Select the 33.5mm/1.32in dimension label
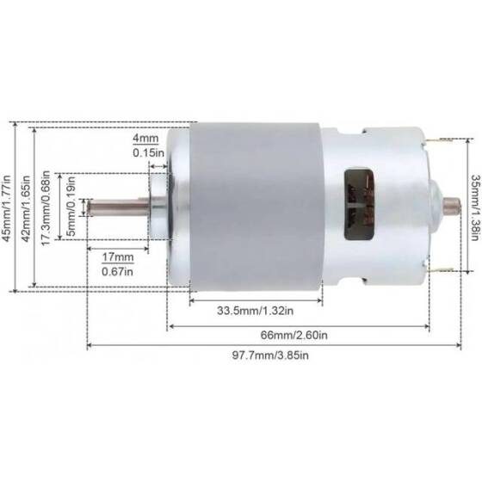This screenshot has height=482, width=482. [x=255, y=310]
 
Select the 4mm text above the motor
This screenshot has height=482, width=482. [x=144, y=138]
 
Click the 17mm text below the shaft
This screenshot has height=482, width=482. [x=121, y=257]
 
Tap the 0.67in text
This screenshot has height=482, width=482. [x=121, y=273]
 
